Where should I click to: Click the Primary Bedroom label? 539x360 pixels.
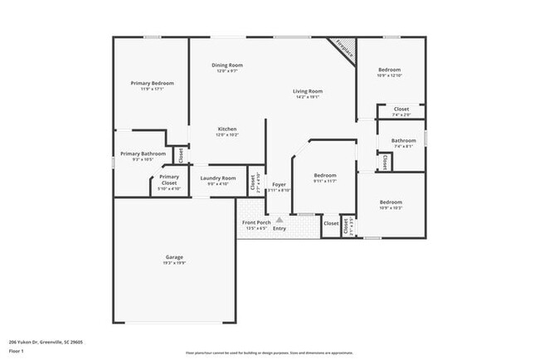(152, 83)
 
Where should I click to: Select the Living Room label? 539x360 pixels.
(307, 90)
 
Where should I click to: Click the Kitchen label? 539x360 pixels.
(227, 129)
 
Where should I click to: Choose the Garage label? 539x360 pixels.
(174, 257)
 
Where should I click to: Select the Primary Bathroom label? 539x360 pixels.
(143, 153)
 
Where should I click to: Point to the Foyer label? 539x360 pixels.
(279, 184)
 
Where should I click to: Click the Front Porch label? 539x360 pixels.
(256, 222)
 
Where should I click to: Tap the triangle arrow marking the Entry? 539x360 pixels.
(279, 220)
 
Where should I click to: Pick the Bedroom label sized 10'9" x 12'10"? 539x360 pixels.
(390, 69)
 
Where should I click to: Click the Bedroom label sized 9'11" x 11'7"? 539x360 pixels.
(325, 175)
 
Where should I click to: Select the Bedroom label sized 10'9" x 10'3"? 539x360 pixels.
(391, 202)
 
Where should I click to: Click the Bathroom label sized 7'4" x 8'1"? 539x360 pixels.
(403, 141)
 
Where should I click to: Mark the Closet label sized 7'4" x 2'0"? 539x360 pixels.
(401, 109)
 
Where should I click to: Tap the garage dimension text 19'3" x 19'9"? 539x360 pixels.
(174, 264)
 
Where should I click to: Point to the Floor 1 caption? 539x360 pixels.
(17, 351)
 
